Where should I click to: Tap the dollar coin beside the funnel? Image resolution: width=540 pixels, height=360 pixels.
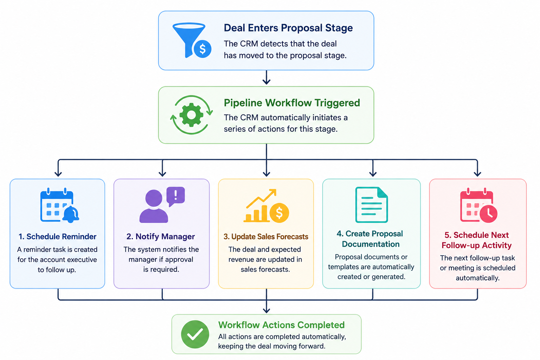[202, 49]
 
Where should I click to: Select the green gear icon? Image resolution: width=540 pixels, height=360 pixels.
[191, 115]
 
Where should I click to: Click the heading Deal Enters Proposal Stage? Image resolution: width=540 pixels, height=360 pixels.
[288, 28]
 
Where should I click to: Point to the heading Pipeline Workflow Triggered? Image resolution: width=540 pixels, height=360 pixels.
[292, 103]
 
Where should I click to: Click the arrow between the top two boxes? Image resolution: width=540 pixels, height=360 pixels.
[266, 77]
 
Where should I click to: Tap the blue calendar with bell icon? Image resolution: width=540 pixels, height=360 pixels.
[59, 205]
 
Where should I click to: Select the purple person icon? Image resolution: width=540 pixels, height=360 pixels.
[154, 206]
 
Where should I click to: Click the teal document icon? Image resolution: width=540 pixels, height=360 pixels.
[372, 205]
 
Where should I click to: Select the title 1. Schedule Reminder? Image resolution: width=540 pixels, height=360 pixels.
[57, 237]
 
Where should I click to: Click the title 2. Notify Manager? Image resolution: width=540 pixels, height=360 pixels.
[161, 237]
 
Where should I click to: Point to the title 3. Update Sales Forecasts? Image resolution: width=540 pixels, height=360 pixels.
[266, 237]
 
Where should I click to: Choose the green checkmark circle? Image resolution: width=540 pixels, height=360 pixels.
[195, 334]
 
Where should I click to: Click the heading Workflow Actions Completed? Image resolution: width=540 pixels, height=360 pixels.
[281, 325]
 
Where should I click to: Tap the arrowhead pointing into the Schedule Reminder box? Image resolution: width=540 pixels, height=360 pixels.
[58, 174]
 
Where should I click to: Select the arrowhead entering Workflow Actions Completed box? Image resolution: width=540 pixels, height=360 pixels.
[266, 310]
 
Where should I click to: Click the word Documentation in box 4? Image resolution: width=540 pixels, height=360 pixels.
[371, 244]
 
